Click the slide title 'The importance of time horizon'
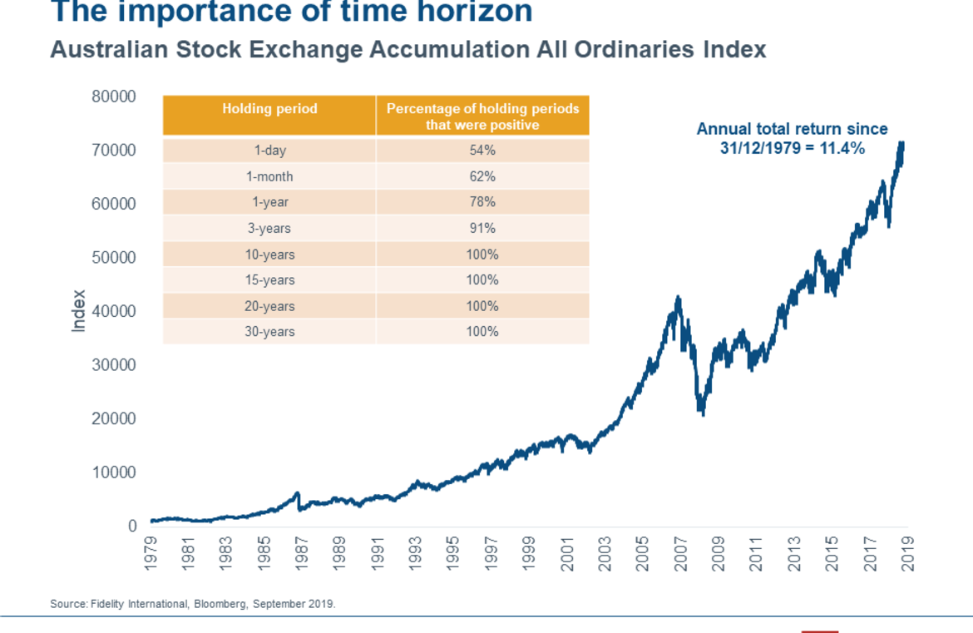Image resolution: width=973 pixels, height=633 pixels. [x=291, y=12]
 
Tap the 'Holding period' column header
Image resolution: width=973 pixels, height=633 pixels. [x=269, y=109]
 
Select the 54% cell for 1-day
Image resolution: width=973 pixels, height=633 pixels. [x=482, y=151]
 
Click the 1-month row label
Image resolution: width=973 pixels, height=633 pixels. [x=269, y=176]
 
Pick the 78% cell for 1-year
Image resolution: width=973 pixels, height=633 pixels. [x=482, y=202]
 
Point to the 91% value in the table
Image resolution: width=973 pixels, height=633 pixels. [x=482, y=228]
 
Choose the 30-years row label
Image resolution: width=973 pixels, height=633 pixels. [x=269, y=332]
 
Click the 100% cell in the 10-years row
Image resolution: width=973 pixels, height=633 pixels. [x=482, y=254]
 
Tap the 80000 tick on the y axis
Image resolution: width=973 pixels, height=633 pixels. [x=114, y=96]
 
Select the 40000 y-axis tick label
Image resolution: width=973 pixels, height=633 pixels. [x=114, y=311]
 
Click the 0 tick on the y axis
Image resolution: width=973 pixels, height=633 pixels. [x=131, y=526]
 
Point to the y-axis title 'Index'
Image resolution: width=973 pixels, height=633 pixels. [x=79, y=311]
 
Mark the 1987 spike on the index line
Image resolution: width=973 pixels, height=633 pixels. [x=298, y=494]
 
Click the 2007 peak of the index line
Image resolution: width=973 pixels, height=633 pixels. [x=679, y=298]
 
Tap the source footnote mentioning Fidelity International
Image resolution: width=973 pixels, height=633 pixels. [x=193, y=604]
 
